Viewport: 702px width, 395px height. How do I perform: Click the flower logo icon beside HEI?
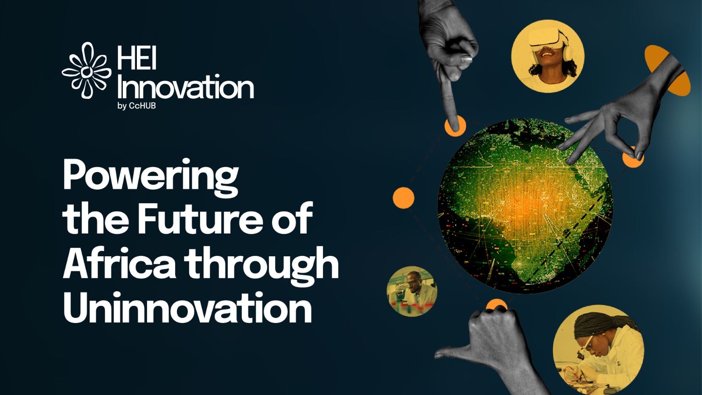(86, 71)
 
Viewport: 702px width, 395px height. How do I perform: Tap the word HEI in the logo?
(136, 58)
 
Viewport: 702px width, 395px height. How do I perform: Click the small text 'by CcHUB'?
(136, 106)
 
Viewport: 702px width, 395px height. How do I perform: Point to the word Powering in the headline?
(151, 177)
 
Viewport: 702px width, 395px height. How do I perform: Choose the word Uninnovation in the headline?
(188, 307)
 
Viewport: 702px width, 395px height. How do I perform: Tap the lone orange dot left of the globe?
(404, 198)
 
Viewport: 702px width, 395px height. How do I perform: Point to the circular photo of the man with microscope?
(412, 291)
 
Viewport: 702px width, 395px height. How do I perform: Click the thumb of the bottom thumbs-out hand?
(455, 353)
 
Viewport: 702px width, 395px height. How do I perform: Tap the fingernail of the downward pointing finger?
(466, 59)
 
